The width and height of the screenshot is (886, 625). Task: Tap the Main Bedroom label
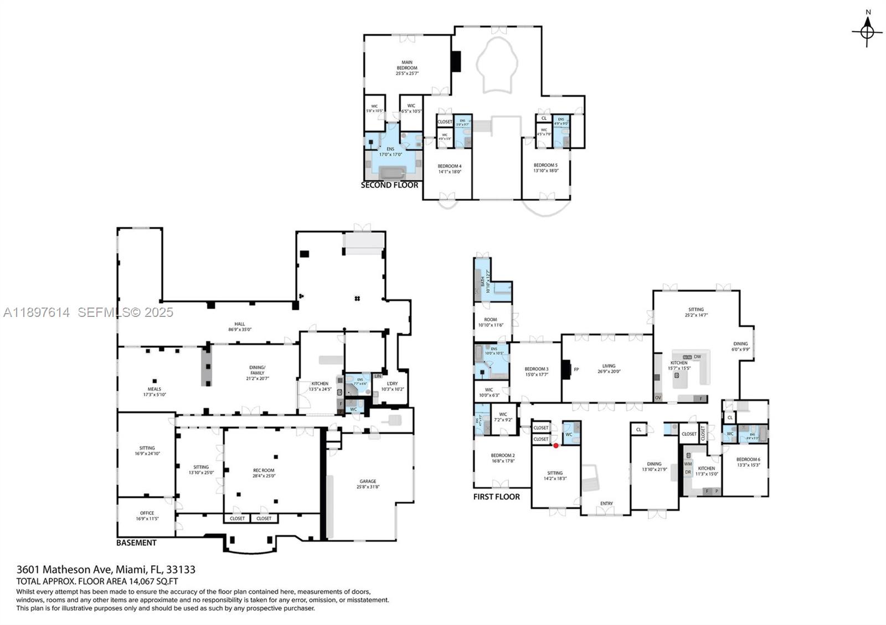[407, 67]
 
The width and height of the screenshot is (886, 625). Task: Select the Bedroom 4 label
[449, 169]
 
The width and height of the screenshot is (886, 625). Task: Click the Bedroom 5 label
[545, 168]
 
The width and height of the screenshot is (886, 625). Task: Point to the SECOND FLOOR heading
[389, 185]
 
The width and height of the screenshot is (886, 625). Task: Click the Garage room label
[368, 484]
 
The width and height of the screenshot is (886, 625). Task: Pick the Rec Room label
[264, 473]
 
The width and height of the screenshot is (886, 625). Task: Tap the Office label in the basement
[147, 515]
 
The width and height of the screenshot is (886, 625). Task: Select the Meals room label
[154, 392]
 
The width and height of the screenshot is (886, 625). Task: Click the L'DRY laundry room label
[392, 386]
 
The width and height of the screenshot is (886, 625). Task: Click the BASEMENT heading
[136, 543]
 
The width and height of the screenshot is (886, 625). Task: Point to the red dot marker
[556, 445]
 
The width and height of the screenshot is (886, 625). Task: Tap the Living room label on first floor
[609, 368]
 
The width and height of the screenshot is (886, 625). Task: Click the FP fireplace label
[576, 369]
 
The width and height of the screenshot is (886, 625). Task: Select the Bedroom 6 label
[748, 462]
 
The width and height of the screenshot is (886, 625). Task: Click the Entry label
[606, 503]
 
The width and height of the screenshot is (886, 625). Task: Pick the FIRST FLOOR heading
[496, 497]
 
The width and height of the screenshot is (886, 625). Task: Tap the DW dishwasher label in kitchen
[697, 357]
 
